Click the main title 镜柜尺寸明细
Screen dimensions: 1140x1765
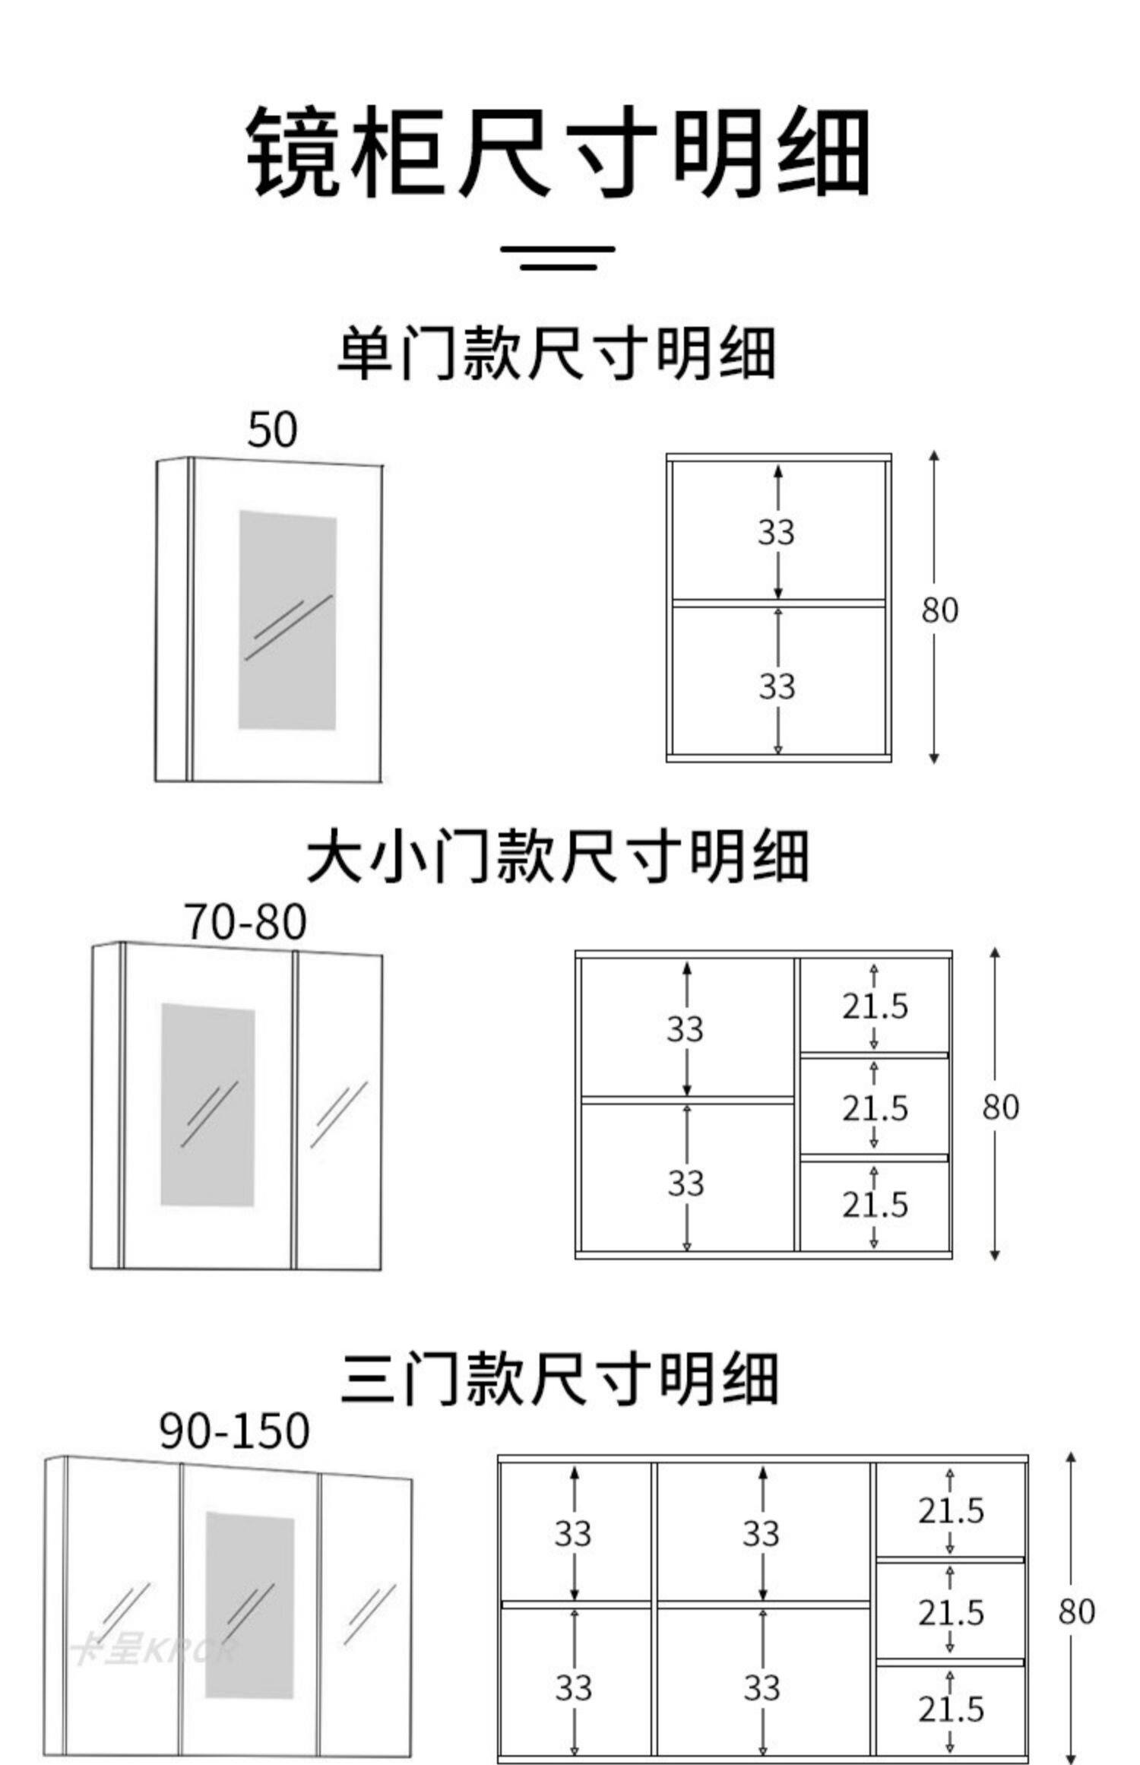click(559, 152)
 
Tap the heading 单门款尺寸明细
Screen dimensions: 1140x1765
click(556, 353)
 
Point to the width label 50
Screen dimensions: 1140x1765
click(272, 430)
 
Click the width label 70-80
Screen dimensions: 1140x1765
click(245, 922)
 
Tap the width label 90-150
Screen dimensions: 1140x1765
click(235, 1431)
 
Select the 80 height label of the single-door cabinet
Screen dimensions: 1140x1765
click(940, 610)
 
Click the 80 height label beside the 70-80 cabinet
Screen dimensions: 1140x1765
click(1000, 1107)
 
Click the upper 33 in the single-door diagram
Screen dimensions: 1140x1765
click(776, 532)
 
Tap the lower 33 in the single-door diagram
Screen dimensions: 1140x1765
click(777, 686)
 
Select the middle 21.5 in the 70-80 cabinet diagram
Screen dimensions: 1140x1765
click(875, 1108)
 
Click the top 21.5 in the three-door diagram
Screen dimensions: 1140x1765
click(951, 1510)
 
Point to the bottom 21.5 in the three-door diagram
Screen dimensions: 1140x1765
click(951, 1710)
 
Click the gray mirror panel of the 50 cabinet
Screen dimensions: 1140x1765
click(287, 619)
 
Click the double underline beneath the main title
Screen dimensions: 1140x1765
click(559, 258)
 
